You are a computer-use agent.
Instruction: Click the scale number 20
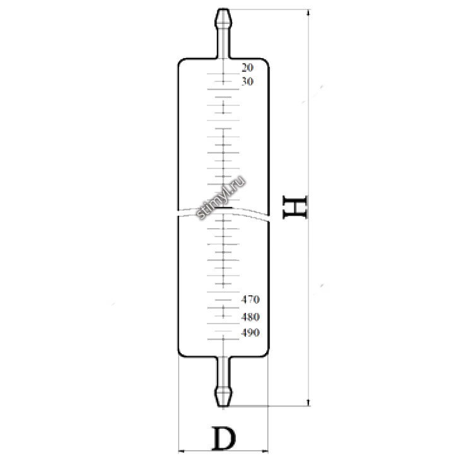pos(247,67)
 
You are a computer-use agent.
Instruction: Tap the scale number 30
pos(247,81)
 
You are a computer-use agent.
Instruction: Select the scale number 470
pos(250,300)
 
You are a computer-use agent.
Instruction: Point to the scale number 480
pos(250,317)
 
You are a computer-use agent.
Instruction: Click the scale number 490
pos(250,332)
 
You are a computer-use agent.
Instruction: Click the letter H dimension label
pos(295,208)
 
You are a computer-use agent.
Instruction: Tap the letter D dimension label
pos(223,439)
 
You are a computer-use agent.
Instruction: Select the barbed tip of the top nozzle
pos(223,18)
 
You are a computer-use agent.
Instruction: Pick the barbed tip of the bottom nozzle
pos(223,396)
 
